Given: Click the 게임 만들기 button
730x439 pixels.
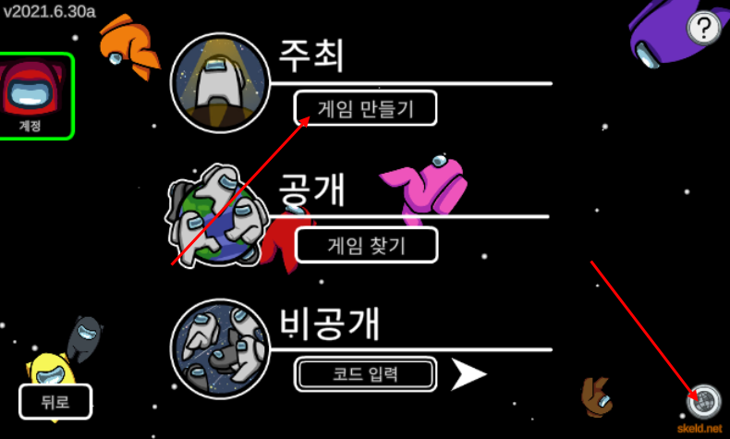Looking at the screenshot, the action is click(366, 109).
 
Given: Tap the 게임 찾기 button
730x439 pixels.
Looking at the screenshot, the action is click(366, 246).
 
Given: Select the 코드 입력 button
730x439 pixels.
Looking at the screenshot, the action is click(366, 374).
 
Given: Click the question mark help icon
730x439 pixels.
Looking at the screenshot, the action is click(704, 28).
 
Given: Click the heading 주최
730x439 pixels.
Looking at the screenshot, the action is click(311, 56).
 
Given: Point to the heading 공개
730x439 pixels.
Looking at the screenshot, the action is click(311, 190).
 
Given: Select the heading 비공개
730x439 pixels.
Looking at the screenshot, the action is click(330, 323).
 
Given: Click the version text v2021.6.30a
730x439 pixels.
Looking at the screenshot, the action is click(49, 14).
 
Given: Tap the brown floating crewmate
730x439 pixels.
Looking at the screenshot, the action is click(595, 396).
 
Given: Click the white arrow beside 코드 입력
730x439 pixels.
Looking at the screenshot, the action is click(468, 374).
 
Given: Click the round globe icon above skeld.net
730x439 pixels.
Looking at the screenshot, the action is click(704, 401).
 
